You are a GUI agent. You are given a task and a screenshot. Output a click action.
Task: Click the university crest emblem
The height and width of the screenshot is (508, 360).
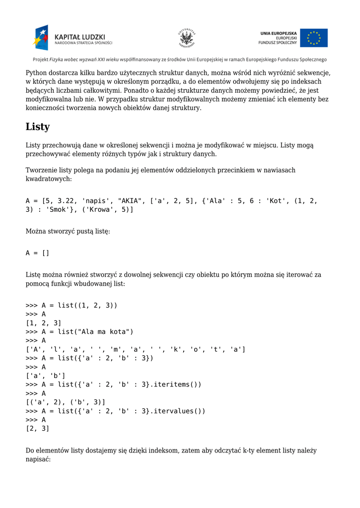pyautogui.click(x=187, y=38)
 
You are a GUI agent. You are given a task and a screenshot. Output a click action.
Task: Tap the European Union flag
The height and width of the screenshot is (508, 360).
pyautogui.click(x=314, y=38)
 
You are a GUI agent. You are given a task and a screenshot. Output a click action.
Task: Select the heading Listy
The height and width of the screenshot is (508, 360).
pyautogui.click(x=38, y=127)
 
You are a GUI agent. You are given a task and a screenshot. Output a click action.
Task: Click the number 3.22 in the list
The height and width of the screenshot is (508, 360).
pyautogui.click(x=67, y=201)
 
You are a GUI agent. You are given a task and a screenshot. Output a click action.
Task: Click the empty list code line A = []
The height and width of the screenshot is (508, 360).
pyautogui.click(x=38, y=253)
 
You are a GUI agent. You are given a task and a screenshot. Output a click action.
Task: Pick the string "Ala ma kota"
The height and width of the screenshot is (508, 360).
pyautogui.click(x=105, y=331)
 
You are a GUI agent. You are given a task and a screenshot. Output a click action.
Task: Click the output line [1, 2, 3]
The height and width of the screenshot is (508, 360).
pyautogui.click(x=44, y=323)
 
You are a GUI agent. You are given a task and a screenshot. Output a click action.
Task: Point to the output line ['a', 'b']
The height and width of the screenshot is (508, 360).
pyautogui.click(x=46, y=376)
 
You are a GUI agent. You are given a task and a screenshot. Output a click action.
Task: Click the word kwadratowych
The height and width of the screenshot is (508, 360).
pyautogui.click(x=49, y=179)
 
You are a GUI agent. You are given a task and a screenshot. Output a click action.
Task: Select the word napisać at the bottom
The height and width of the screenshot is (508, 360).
pyautogui.click(x=38, y=460)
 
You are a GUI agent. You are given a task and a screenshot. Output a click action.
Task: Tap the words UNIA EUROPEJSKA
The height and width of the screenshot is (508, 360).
pyautogui.click(x=278, y=33)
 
